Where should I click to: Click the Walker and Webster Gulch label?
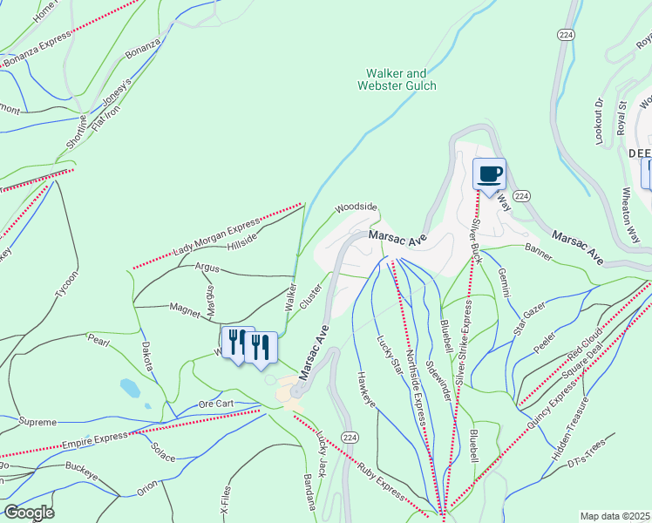pyautogui.click(x=397, y=79)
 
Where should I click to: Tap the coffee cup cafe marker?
pyautogui.click(x=489, y=173)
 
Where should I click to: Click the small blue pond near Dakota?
pyautogui.click(x=130, y=385)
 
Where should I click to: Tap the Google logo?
pyautogui.click(x=28, y=512)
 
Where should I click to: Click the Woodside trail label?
pyautogui.click(x=356, y=207)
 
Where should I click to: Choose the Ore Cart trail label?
pyautogui.click(x=216, y=404)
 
